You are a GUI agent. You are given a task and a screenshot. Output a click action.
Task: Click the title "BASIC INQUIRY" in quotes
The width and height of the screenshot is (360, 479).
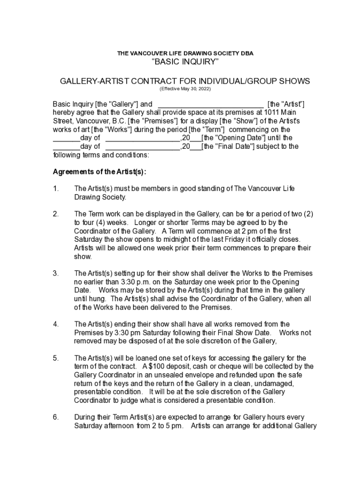[x=185, y=63]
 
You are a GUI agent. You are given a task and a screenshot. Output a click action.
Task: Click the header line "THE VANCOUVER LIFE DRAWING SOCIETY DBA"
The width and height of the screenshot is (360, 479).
[x=185, y=53]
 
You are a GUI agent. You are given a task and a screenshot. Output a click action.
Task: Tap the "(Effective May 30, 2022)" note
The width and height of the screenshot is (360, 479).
[x=185, y=89]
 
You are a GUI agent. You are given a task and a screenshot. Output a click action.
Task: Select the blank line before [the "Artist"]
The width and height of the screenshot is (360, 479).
[x=211, y=104]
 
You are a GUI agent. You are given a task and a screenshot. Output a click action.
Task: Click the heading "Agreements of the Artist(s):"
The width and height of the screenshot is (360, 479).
[x=99, y=172]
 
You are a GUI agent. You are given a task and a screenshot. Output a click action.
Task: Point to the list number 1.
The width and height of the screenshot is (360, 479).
[x=56, y=189]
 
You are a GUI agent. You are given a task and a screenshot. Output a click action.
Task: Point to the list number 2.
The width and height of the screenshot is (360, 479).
[x=56, y=214]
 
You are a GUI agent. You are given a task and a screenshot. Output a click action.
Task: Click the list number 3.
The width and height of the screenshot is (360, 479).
[x=56, y=273]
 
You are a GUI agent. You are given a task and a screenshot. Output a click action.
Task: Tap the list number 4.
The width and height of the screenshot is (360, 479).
[x=56, y=324]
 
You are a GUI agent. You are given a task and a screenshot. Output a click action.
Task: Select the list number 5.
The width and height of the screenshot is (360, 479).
[x=56, y=358]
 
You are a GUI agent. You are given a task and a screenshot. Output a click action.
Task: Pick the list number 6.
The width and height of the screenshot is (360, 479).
[x=56, y=417]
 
